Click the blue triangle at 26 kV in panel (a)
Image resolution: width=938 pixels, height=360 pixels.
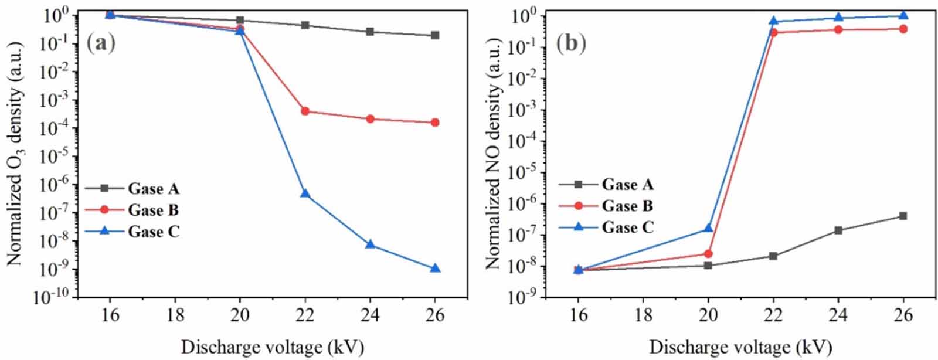435,269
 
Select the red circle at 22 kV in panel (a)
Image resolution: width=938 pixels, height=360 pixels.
305,111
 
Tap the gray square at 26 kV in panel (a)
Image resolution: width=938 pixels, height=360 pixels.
435,35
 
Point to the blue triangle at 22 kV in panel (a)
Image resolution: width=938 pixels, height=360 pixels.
305,193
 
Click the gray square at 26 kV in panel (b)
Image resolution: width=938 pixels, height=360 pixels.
903,216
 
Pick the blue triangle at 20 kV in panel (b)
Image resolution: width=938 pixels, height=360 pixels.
708,228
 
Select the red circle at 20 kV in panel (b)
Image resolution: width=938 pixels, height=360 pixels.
708,254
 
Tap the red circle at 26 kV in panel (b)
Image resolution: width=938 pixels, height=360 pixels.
903,29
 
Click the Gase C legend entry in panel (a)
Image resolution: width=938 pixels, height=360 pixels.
154,232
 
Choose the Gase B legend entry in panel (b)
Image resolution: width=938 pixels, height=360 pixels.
627,206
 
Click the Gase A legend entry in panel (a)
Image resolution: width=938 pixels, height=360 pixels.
154,189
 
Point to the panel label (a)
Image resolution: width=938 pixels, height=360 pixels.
100,43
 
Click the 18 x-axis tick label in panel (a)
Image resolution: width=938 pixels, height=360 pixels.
175,315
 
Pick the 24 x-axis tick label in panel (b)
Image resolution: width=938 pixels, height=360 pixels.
838,315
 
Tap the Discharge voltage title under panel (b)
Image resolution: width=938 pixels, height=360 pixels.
740,347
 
